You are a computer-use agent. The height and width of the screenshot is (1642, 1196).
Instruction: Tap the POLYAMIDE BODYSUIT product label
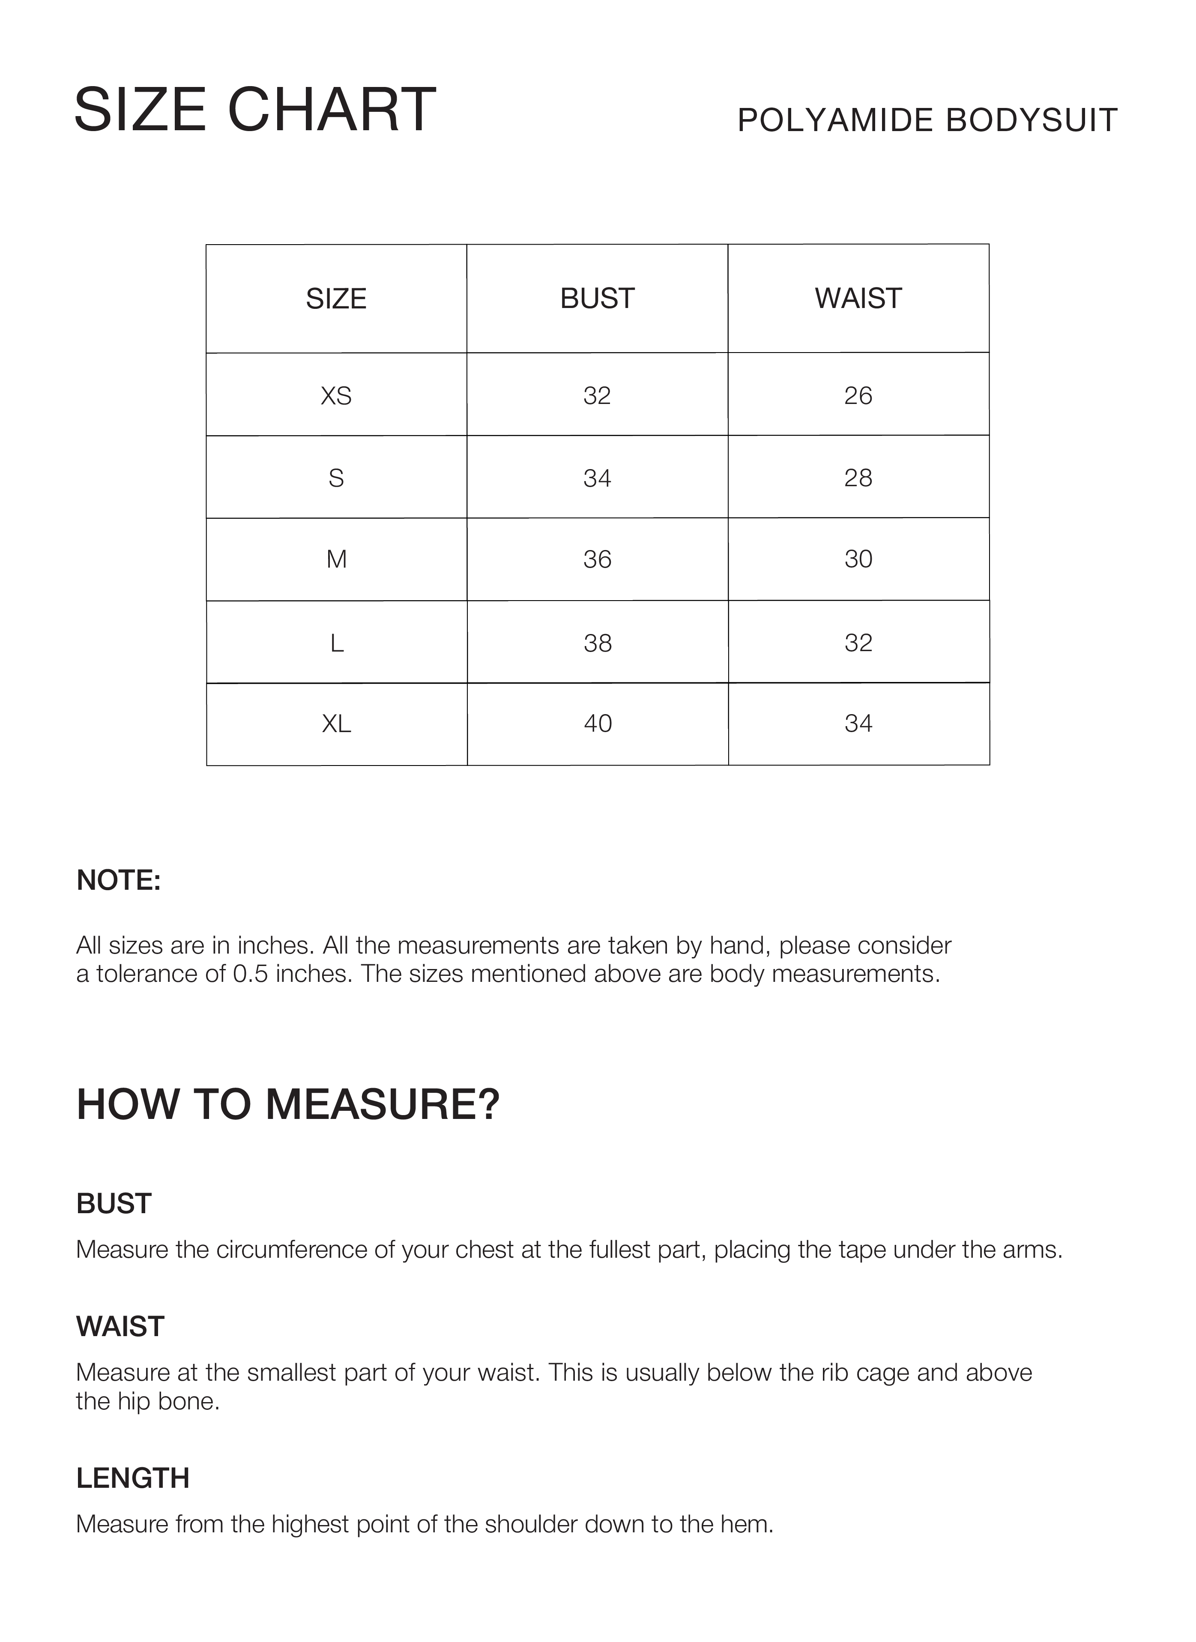(x=927, y=120)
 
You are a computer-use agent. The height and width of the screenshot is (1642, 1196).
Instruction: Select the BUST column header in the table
(x=597, y=298)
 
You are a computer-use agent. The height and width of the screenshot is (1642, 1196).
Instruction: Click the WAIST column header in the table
(x=858, y=298)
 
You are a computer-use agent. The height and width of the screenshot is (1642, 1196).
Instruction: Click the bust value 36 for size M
(x=597, y=559)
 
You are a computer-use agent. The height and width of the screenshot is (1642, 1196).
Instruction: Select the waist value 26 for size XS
(x=858, y=395)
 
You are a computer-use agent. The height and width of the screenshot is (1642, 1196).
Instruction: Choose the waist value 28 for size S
(x=858, y=478)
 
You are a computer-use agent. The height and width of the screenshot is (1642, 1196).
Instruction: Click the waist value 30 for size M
(x=858, y=559)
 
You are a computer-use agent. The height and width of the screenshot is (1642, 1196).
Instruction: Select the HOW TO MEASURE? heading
(x=288, y=1105)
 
